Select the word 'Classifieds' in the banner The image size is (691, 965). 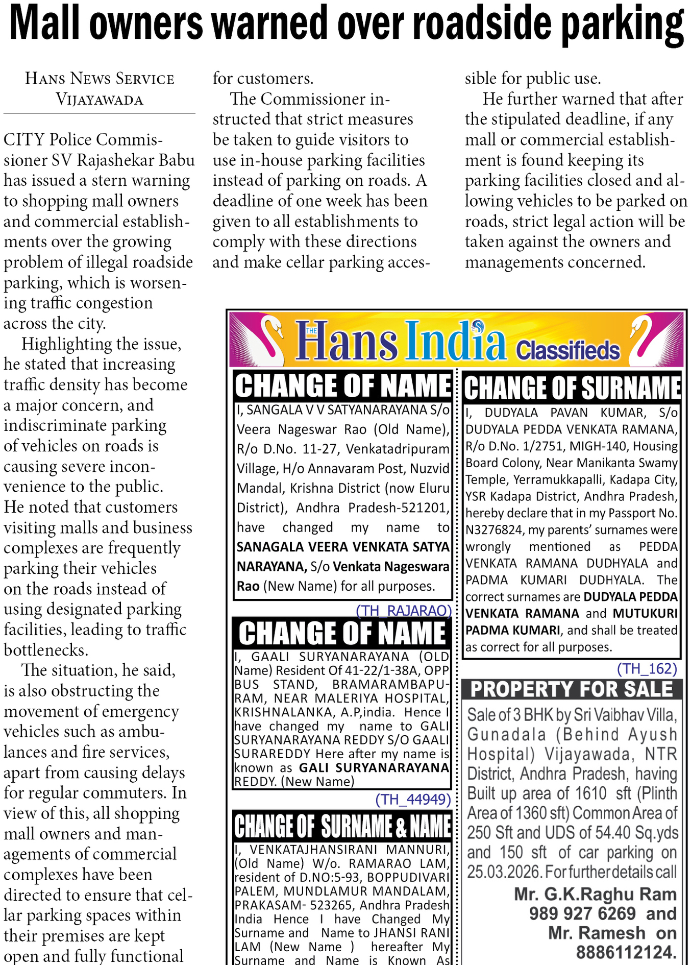coord(567,351)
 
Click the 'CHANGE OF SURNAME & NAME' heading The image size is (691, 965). coord(342,827)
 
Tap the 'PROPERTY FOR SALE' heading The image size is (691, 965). coord(572,689)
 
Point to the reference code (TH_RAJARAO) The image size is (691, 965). coord(403,611)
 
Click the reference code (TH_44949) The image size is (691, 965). coord(413,799)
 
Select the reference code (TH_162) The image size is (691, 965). coord(647,668)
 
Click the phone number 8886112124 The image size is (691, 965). coord(626,952)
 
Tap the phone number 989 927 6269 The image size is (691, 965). coord(582,913)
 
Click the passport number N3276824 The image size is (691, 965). coord(495,530)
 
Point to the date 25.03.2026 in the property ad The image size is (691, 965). coord(504,872)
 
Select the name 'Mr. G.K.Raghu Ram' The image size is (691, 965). coord(595,894)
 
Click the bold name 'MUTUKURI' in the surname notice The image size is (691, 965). coord(645,613)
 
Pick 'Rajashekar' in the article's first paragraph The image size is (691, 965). coord(115,160)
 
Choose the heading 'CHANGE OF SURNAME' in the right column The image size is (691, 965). coord(572,388)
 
